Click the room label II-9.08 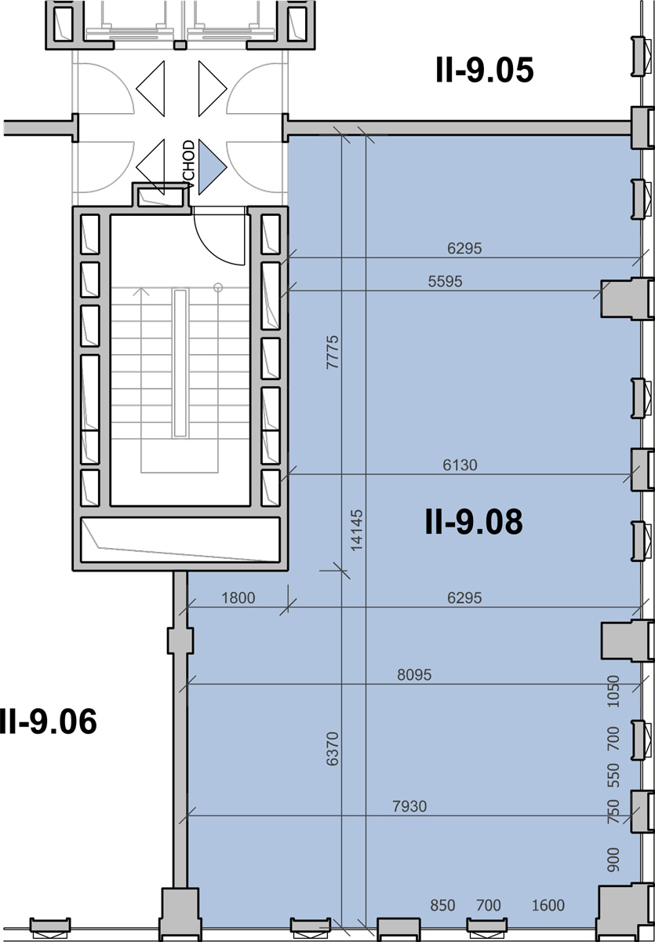click(x=474, y=521)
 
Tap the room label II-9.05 click(x=485, y=70)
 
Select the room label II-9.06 click(x=48, y=721)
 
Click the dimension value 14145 click(x=356, y=531)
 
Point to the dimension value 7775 click(x=333, y=352)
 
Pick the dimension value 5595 click(x=445, y=281)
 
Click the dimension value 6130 click(x=460, y=465)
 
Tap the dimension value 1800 click(x=238, y=598)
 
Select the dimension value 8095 click(x=414, y=675)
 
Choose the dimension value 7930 click(x=409, y=806)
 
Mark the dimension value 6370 click(x=333, y=749)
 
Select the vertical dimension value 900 click(x=613, y=860)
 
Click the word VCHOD click(x=188, y=163)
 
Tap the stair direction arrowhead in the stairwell click(x=144, y=292)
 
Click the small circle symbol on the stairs click(x=218, y=287)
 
